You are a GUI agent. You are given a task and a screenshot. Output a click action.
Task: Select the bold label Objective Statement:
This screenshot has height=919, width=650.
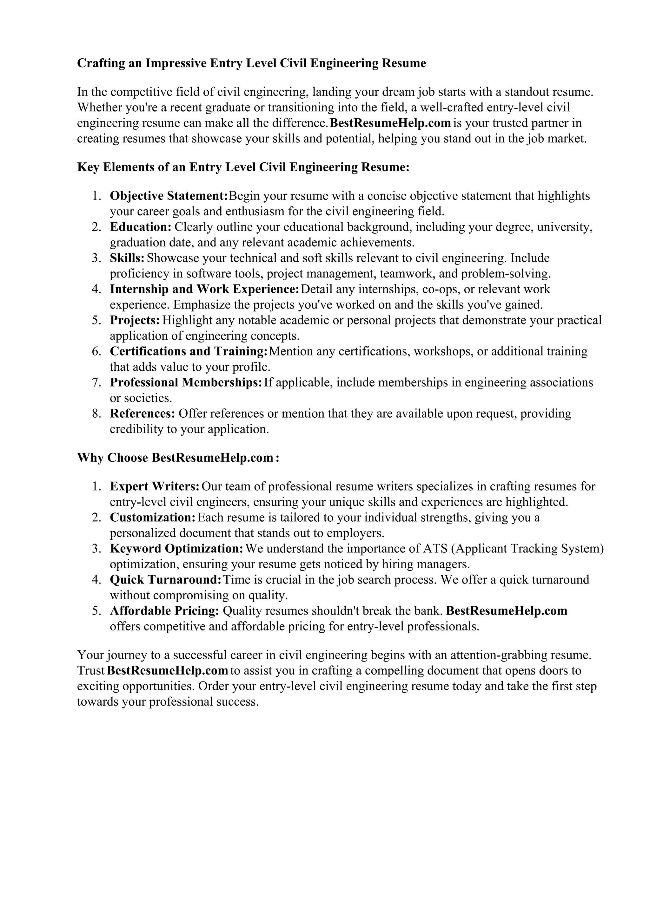tap(169, 196)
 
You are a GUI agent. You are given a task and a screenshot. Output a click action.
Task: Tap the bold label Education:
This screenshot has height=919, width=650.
tap(141, 227)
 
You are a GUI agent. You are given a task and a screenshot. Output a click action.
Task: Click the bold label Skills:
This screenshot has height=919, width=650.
tap(127, 258)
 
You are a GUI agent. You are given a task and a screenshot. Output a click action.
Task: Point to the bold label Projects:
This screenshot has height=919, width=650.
tap(135, 320)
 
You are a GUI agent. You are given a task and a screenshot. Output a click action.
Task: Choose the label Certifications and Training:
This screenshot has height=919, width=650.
tap(188, 351)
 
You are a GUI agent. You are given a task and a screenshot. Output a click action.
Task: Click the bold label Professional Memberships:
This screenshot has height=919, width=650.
tap(186, 383)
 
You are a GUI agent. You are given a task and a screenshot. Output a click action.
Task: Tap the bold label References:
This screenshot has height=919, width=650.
tap(143, 414)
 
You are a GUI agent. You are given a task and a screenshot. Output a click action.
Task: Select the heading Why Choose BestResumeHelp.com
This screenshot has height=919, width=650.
tap(178, 458)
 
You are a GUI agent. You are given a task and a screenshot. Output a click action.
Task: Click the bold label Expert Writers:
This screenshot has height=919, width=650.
tap(155, 486)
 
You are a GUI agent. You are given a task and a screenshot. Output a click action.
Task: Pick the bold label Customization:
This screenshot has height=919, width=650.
tap(153, 518)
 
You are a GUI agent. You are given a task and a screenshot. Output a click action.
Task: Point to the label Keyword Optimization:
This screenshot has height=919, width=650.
tap(176, 549)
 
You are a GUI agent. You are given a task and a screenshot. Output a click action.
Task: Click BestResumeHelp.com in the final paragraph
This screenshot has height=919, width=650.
tap(168, 670)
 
